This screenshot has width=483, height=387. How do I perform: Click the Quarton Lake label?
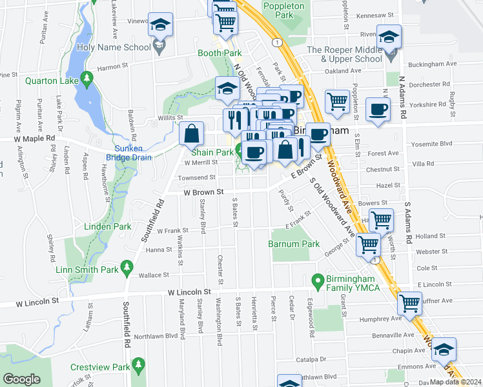point(52,81)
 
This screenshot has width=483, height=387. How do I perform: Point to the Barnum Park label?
point(294,244)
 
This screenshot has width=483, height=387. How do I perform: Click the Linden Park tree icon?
point(141,226)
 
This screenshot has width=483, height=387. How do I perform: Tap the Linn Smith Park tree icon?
point(128,267)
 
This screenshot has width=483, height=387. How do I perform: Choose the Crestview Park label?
point(98,366)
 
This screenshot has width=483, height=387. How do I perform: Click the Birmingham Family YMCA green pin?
point(317,281)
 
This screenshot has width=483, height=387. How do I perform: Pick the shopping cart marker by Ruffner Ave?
point(409,303)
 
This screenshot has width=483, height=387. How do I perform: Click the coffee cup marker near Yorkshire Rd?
point(378,109)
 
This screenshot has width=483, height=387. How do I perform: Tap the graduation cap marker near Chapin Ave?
point(444,349)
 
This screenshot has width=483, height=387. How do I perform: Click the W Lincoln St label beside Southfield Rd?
point(190,293)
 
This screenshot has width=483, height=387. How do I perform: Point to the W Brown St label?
point(203,192)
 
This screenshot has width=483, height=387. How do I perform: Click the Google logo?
point(21,379)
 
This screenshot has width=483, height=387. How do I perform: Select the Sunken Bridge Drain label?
point(132,153)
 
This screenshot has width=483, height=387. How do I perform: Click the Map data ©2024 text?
point(455,382)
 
